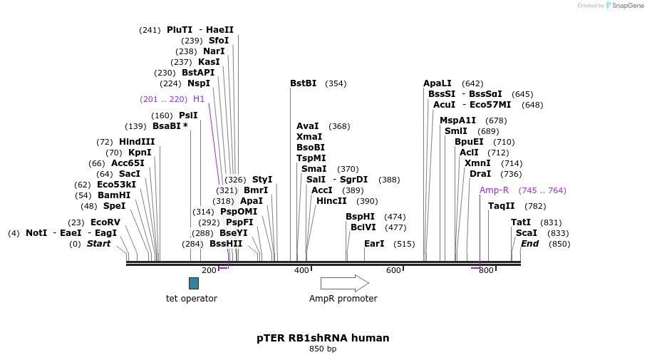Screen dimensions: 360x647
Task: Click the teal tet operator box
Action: (194, 283)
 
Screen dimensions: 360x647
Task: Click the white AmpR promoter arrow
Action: (344, 283)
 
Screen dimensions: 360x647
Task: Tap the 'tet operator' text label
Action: (192, 299)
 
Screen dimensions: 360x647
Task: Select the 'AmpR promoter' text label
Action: (343, 299)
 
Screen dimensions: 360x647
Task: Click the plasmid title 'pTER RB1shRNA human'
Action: (323, 338)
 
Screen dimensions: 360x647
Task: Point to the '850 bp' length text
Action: (323, 349)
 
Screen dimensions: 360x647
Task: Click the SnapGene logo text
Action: (628, 6)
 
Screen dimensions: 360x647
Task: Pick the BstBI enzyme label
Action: (303, 83)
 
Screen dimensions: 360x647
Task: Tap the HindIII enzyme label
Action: (137, 142)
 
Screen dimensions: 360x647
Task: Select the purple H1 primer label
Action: (199, 99)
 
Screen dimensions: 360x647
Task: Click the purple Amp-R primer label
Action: (494, 190)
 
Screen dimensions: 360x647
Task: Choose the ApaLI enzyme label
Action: (437, 83)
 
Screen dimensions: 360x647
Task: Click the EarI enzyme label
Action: (374, 244)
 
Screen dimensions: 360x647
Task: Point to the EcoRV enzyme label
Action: (105, 222)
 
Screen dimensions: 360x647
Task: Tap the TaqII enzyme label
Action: (501, 206)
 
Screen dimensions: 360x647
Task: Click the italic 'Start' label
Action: (99, 244)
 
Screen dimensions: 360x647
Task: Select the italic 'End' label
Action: (529, 244)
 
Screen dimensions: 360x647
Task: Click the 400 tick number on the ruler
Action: (301, 271)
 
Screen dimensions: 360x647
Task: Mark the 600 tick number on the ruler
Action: (393, 271)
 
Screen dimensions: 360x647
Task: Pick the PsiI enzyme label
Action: (188, 115)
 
